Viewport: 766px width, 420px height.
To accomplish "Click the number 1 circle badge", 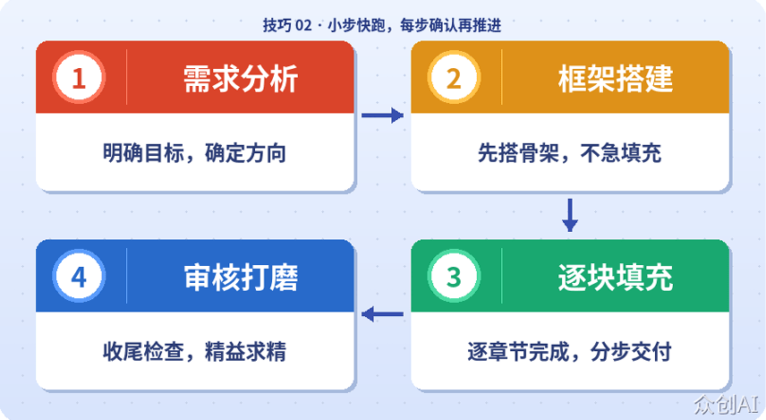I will click(79, 78).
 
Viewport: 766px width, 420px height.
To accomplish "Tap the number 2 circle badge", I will click(454, 78).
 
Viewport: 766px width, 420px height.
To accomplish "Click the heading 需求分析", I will click(240, 79).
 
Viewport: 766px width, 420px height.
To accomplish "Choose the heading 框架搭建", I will click(615, 79).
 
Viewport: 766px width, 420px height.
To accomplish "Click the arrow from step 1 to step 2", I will click(382, 116).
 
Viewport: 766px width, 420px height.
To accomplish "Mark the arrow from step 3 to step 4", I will click(382, 313).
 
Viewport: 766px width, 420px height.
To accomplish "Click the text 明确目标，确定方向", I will click(194, 153).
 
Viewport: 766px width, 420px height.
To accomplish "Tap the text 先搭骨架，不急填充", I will click(569, 153).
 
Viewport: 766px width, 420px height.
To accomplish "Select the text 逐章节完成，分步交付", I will click(569, 351).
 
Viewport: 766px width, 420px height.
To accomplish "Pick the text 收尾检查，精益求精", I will click(194, 351).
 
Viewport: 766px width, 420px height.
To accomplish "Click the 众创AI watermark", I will click(727, 404).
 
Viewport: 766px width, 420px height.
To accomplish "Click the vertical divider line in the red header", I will click(127, 78).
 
